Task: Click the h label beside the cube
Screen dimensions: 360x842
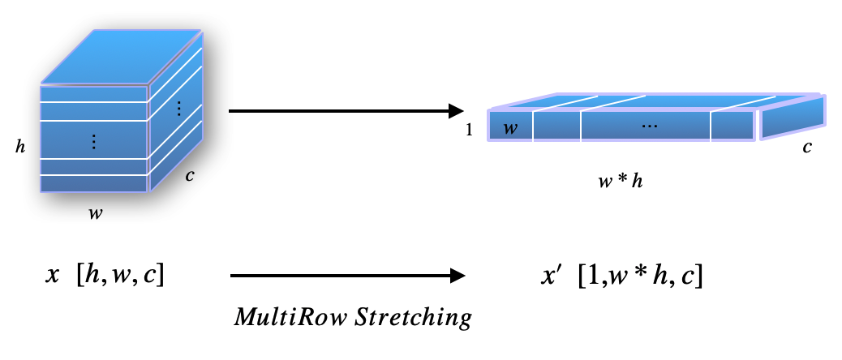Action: (x=19, y=147)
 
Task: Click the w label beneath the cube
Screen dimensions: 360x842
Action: (x=95, y=214)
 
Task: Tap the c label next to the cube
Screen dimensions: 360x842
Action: (x=189, y=174)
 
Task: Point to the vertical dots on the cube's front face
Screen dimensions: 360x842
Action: (x=94, y=142)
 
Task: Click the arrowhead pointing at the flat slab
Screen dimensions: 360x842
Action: (x=456, y=110)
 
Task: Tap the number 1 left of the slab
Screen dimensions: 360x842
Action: (x=470, y=129)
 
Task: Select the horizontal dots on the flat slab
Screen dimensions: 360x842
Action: (x=649, y=126)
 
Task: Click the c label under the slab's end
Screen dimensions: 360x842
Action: (x=807, y=148)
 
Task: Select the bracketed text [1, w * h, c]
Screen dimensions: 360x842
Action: (x=640, y=276)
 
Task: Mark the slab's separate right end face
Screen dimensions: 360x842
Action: (x=793, y=116)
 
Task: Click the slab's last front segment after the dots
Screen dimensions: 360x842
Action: (x=733, y=126)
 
